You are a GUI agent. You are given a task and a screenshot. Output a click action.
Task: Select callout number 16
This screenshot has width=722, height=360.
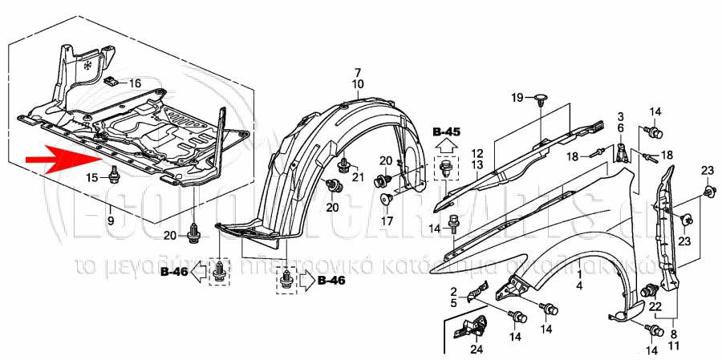tap(134, 83)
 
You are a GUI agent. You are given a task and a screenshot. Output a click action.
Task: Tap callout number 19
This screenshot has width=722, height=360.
tap(517, 98)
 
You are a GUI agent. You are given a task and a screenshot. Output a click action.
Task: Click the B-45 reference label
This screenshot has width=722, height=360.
tap(446, 131)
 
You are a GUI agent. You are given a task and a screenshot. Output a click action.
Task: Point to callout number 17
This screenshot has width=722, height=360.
tap(387, 220)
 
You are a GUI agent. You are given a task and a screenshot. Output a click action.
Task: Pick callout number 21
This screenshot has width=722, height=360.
tap(358, 176)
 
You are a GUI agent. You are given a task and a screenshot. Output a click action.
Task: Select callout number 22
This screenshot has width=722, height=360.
tap(655, 307)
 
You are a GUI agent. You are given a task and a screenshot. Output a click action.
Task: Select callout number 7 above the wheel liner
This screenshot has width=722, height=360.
tap(358, 73)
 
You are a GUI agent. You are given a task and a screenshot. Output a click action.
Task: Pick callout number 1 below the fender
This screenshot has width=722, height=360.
tap(578, 273)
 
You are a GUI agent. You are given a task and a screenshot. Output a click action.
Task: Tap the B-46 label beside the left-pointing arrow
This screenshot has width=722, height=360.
tap(173, 273)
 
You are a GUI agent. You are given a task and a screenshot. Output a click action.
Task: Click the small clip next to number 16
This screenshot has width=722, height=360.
tap(113, 81)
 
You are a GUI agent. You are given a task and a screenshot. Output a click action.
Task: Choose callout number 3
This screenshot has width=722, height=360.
tap(620, 117)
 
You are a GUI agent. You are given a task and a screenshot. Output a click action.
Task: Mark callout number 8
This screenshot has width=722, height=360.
tap(672, 334)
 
